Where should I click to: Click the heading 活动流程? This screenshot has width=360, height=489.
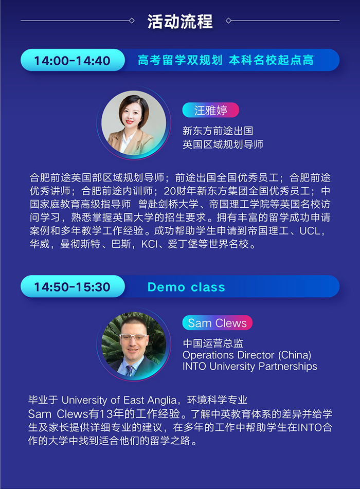point(180,21)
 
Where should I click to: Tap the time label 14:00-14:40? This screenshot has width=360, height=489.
point(72,60)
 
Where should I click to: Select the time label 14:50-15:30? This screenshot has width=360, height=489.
point(72,286)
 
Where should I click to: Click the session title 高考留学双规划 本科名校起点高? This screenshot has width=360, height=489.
point(225,60)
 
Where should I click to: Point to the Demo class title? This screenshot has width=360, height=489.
point(186,287)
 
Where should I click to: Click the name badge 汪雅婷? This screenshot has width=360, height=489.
point(210,110)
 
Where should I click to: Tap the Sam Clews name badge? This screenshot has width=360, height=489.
point(217,323)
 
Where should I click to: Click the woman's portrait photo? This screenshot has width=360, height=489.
point(134,123)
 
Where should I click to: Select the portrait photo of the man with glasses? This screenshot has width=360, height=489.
point(134,344)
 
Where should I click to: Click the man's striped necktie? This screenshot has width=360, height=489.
point(130,370)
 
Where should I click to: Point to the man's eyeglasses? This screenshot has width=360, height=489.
point(133,337)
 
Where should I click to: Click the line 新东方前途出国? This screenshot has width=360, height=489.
point(218,131)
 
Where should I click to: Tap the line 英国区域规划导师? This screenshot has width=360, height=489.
point(223,144)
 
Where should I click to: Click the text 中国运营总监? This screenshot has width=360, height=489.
point(213,343)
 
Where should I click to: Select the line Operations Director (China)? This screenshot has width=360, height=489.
point(247,355)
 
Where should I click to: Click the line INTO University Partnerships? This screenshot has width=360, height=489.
point(249,366)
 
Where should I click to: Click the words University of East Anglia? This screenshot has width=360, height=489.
point(119,400)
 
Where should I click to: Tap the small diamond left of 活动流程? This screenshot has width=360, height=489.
point(132,21)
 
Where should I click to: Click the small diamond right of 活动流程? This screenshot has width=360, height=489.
point(228,21)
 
